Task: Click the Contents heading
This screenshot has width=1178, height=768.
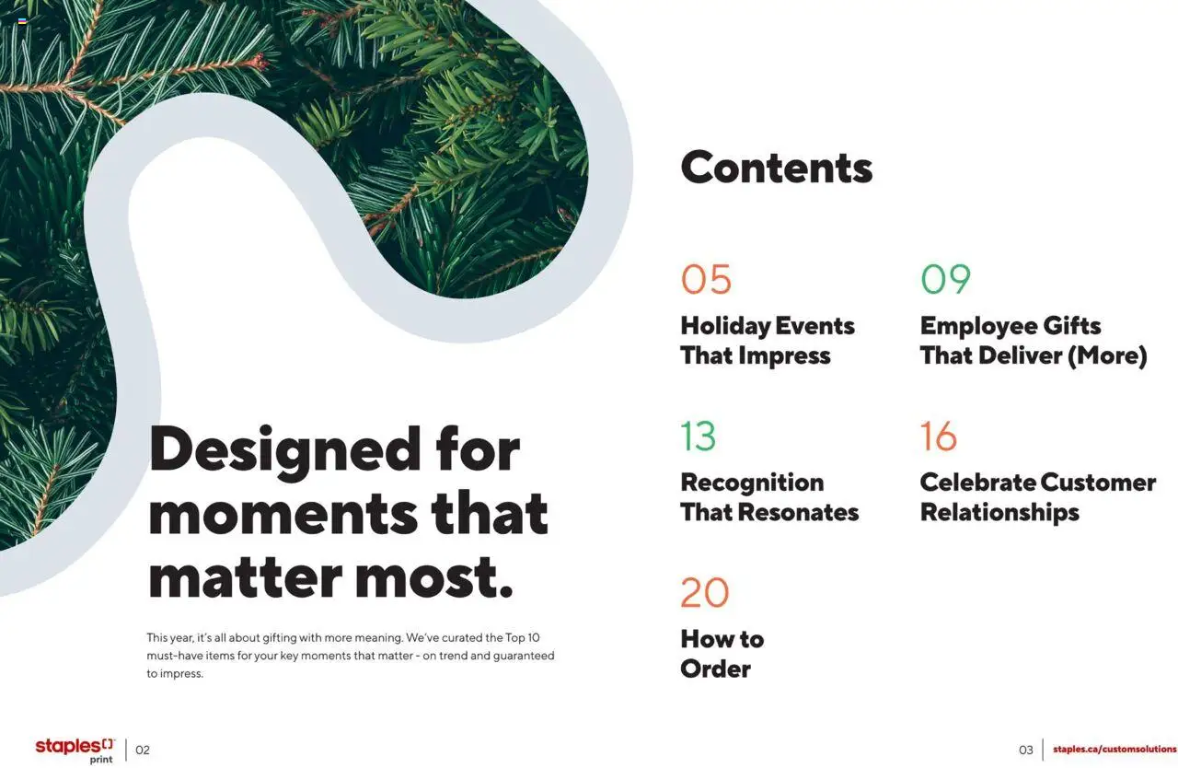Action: pos(776,168)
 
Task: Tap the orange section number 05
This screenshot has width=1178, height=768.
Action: pos(706,279)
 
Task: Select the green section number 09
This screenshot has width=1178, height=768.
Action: pos(945,279)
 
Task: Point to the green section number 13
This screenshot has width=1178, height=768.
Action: pos(698,436)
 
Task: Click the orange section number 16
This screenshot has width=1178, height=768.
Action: pos(938,436)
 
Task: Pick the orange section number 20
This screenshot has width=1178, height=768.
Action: pos(704,592)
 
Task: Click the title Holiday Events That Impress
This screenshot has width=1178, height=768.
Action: pos(767,340)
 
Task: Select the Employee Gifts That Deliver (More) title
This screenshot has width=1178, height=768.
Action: pos(1033,340)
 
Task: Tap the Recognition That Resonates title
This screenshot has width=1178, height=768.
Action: pos(768,496)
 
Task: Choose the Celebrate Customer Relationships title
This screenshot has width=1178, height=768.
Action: pos(1037,496)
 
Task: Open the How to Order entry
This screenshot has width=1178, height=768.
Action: pos(722,653)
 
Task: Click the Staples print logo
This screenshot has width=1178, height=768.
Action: pos(75,750)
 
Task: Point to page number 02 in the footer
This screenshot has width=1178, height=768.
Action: pos(143,750)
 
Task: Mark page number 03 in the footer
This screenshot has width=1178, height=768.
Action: pos(1025,750)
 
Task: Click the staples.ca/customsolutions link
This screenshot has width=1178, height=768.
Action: pos(1114,750)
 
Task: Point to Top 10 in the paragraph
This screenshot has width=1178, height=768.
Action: pos(523,637)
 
